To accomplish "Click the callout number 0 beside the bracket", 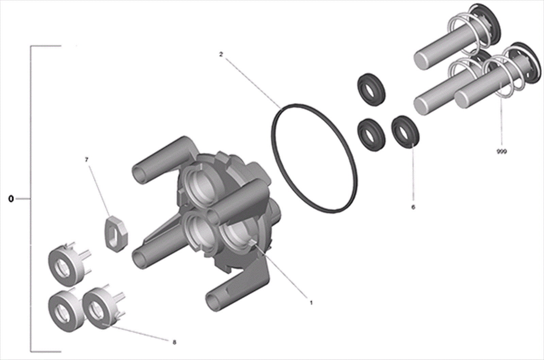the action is (x=11, y=199).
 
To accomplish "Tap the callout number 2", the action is (x=221, y=55).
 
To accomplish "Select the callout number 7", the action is (x=87, y=160).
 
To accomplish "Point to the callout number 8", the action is (x=174, y=343).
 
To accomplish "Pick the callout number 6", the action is (x=413, y=207).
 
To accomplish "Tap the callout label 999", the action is (x=502, y=152).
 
